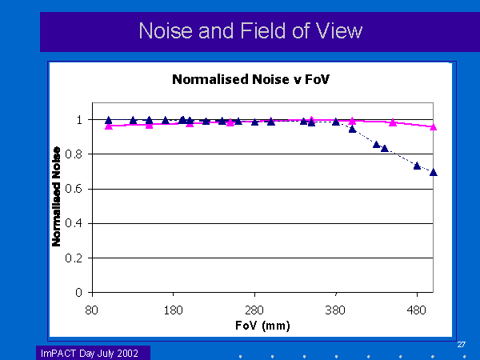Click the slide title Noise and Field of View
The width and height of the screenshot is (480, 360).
pyautogui.click(x=250, y=30)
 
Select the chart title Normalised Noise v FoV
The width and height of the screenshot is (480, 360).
pyautogui.click(x=250, y=79)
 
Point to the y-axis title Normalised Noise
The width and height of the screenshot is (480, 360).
pyautogui.click(x=56, y=197)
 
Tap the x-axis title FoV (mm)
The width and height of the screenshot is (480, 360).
pyautogui.click(x=262, y=325)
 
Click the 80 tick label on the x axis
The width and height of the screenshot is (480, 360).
pyautogui.click(x=91, y=310)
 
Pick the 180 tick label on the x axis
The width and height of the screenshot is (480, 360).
pyautogui.click(x=173, y=310)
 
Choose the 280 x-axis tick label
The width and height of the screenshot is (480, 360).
pyautogui.click(x=254, y=310)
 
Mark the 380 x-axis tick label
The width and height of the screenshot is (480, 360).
pyautogui.click(x=335, y=310)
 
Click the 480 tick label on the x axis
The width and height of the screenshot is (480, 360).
pyautogui.click(x=416, y=310)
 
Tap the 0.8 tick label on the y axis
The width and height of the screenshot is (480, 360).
pyautogui.click(x=74, y=154)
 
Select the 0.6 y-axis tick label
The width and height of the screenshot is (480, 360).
pyautogui.click(x=74, y=189)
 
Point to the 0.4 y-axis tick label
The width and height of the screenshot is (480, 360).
pyautogui.click(x=74, y=223)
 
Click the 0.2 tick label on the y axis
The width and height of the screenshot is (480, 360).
pyautogui.click(x=74, y=258)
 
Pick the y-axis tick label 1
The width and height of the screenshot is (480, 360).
pyautogui.click(x=79, y=120)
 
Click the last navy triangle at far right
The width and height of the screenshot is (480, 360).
pyautogui.click(x=433, y=172)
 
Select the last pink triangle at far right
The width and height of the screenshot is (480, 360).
pyautogui.click(x=433, y=127)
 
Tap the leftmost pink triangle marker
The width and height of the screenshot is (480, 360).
pyautogui.click(x=109, y=126)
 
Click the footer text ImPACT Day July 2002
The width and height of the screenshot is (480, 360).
pyautogui.click(x=90, y=354)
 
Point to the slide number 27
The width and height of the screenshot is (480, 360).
pyautogui.click(x=462, y=345)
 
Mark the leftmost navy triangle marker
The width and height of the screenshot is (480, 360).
pyautogui.click(x=108, y=120)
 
